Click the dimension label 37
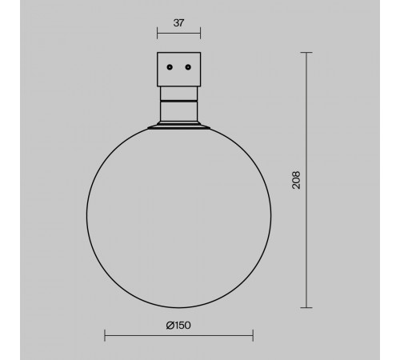(178, 23)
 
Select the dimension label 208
(296, 180)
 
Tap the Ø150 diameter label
(178, 326)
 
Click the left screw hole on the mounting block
(170, 67)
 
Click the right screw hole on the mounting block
(188, 67)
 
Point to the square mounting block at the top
(179, 70)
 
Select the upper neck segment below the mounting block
(179, 94)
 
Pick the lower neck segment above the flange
(179, 111)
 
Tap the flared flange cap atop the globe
(179, 126)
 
